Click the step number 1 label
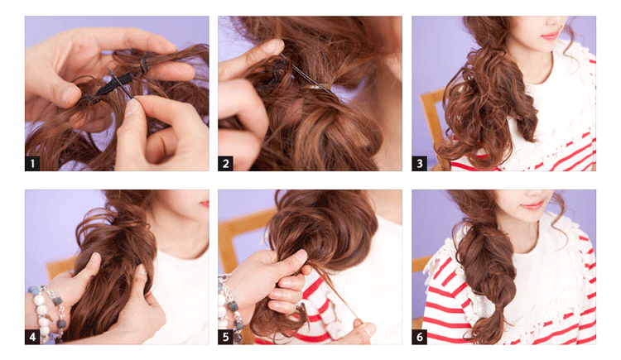[x=32, y=163]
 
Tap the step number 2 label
[x=225, y=163]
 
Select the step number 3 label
[x=420, y=163]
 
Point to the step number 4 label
[x=32, y=337]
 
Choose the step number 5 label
[x=225, y=337]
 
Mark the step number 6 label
[x=420, y=337]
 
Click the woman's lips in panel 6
[x=532, y=205]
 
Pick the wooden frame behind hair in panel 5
[x=238, y=233]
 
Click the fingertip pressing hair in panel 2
[x=273, y=46]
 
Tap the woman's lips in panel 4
[x=205, y=204]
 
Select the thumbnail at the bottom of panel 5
[x=368, y=328]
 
